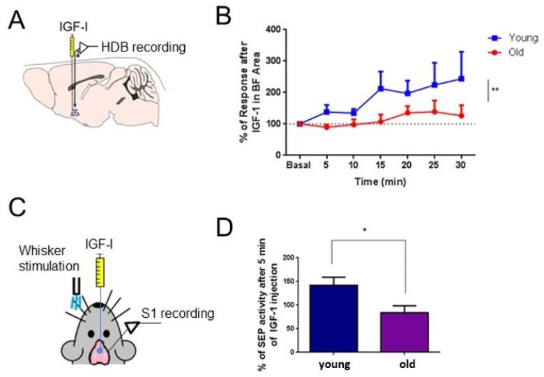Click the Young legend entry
(516, 38)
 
